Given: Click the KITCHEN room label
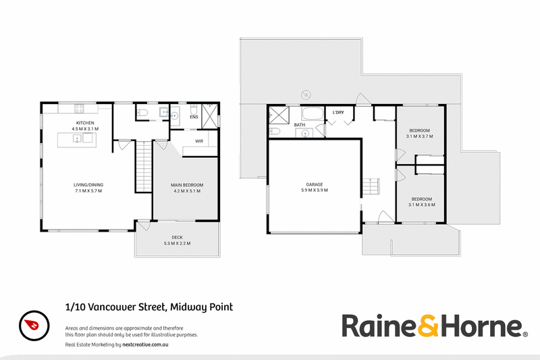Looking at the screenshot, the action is [85, 123].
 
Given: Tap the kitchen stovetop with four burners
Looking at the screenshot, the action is [79, 109].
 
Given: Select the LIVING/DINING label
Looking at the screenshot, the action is [88, 185].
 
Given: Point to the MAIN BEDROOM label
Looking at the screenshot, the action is [187, 185].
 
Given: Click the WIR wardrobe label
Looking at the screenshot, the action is [199, 141].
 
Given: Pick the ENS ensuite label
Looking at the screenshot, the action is [194, 117].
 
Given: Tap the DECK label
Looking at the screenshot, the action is [178, 237].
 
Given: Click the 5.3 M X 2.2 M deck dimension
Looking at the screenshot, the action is [178, 243].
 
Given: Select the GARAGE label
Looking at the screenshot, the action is [315, 184].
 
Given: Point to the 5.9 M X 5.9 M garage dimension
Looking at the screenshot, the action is [315, 190].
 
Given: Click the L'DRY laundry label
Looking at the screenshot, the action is [338, 113].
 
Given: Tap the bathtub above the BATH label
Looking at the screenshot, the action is [313, 113].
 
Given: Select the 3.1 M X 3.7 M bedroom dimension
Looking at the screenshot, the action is [419, 136].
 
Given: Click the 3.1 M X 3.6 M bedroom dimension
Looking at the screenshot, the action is [421, 205].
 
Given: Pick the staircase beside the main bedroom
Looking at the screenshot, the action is [144, 166].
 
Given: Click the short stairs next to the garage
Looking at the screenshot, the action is [371, 186].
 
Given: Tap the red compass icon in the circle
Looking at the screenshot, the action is [32, 324].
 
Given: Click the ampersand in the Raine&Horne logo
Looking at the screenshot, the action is [428, 326].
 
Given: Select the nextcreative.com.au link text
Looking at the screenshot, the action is [145, 344].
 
